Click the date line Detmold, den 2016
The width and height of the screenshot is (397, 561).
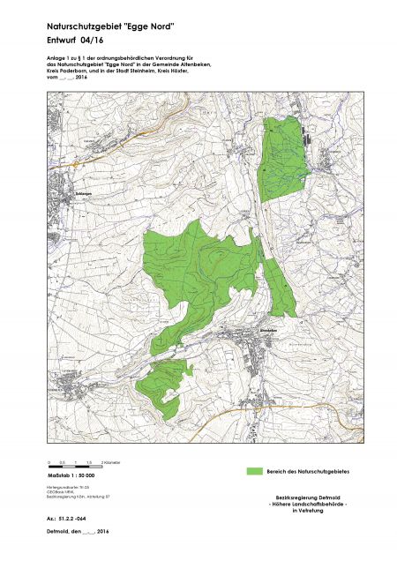[x=77, y=533]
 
